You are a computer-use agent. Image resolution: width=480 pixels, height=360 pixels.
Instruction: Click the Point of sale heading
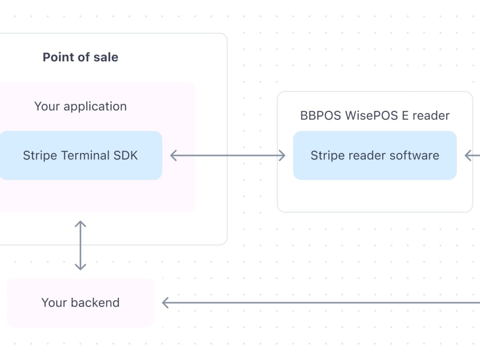click(x=80, y=57)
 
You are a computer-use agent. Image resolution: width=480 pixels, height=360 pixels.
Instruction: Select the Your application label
click(x=80, y=106)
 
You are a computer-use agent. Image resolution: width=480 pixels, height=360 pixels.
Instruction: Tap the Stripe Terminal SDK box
click(x=80, y=156)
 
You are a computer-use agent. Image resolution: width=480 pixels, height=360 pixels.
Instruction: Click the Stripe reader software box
click(x=374, y=156)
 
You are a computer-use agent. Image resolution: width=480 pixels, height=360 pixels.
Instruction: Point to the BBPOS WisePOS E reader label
click(x=374, y=116)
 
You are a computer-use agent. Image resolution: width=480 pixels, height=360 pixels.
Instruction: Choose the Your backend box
click(x=80, y=302)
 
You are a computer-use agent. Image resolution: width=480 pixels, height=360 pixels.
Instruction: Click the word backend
click(x=95, y=302)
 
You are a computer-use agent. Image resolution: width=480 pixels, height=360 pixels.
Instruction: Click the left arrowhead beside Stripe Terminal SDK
click(x=173, y=155)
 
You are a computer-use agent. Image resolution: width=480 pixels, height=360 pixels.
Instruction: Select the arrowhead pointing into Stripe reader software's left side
click(x=283, y=155)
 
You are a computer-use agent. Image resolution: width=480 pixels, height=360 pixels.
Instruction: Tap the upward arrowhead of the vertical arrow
click(x=80, y=224)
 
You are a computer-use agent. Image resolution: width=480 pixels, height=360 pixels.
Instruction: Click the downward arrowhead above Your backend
click(x=80, y=267)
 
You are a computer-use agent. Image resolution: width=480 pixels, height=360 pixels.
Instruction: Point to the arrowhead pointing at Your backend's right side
click(x=165, y=302)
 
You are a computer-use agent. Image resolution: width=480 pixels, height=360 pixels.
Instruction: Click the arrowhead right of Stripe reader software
click(x=468, y=155)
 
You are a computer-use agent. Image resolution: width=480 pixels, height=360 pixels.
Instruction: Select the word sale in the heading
click(x=106, y=57)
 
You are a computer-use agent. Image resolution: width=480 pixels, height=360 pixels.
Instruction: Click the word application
click(x=95, y=107)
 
